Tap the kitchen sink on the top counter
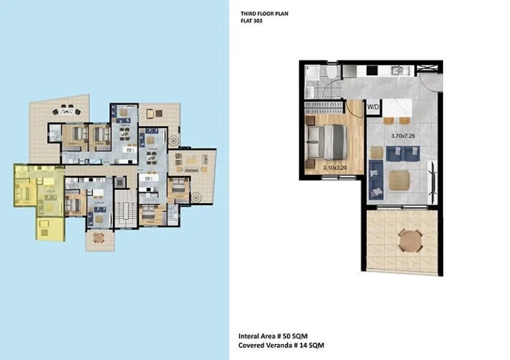pyautogui.click(x=398, y=70)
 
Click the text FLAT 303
pyautogui.click(x=252, y=21)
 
